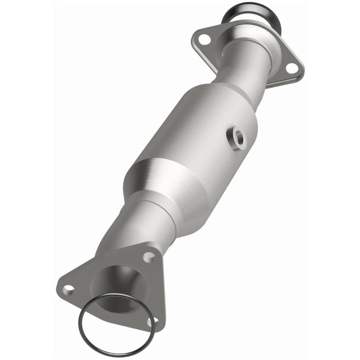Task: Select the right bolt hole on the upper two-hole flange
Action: click(x=291, y=68)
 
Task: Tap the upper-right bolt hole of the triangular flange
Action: click(x=147, y=257)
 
